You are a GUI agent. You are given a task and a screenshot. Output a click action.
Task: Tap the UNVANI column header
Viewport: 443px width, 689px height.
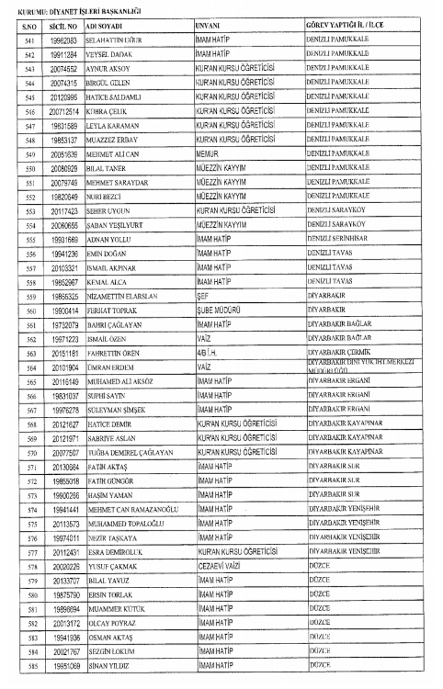(x=207, y=27)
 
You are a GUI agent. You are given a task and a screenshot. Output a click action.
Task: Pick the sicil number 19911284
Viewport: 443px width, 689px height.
(x=64, y=55)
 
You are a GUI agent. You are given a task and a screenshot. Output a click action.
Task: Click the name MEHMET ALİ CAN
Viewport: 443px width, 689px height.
(x=113, y=154)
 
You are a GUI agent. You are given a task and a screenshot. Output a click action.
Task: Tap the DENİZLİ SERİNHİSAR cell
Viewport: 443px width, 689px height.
(x=337, y=239)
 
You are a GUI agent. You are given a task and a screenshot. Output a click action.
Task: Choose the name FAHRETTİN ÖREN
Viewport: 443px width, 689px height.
(x=113, y=353)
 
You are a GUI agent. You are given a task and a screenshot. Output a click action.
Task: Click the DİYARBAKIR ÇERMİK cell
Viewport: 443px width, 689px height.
(x=339, y=352)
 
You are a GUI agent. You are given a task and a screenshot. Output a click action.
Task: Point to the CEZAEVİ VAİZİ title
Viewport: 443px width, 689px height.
(x=218, y=566)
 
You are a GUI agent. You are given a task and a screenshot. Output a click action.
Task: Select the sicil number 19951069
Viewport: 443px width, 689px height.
(x=64, y=666)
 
